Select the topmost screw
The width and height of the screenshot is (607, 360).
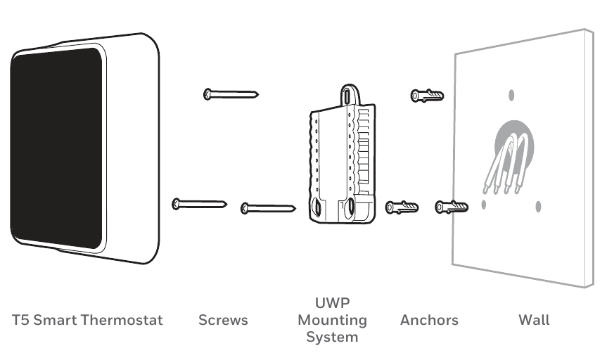tap(231, 94)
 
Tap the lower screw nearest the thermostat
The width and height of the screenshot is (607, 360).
tap(199, 204)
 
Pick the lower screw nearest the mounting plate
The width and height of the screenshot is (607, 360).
tap(268, 207)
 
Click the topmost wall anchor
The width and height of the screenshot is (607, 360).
tap(427, 95)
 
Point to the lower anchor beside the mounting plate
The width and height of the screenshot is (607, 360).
tap(402, 207)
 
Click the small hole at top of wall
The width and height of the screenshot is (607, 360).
tap(511, 95)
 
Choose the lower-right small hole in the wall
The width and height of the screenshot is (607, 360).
tap(538, 206)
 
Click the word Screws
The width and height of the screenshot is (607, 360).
tap(224, 320)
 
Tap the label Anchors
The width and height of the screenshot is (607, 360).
tap(429, 320)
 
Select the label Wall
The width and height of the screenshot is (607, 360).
tap(534, 320)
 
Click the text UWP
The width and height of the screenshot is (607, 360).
tap(332, 303)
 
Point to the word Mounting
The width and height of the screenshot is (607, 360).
tap(332, 320)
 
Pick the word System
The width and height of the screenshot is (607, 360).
tap(332, 337)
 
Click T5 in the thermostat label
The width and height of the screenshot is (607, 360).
tap(20, 320)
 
